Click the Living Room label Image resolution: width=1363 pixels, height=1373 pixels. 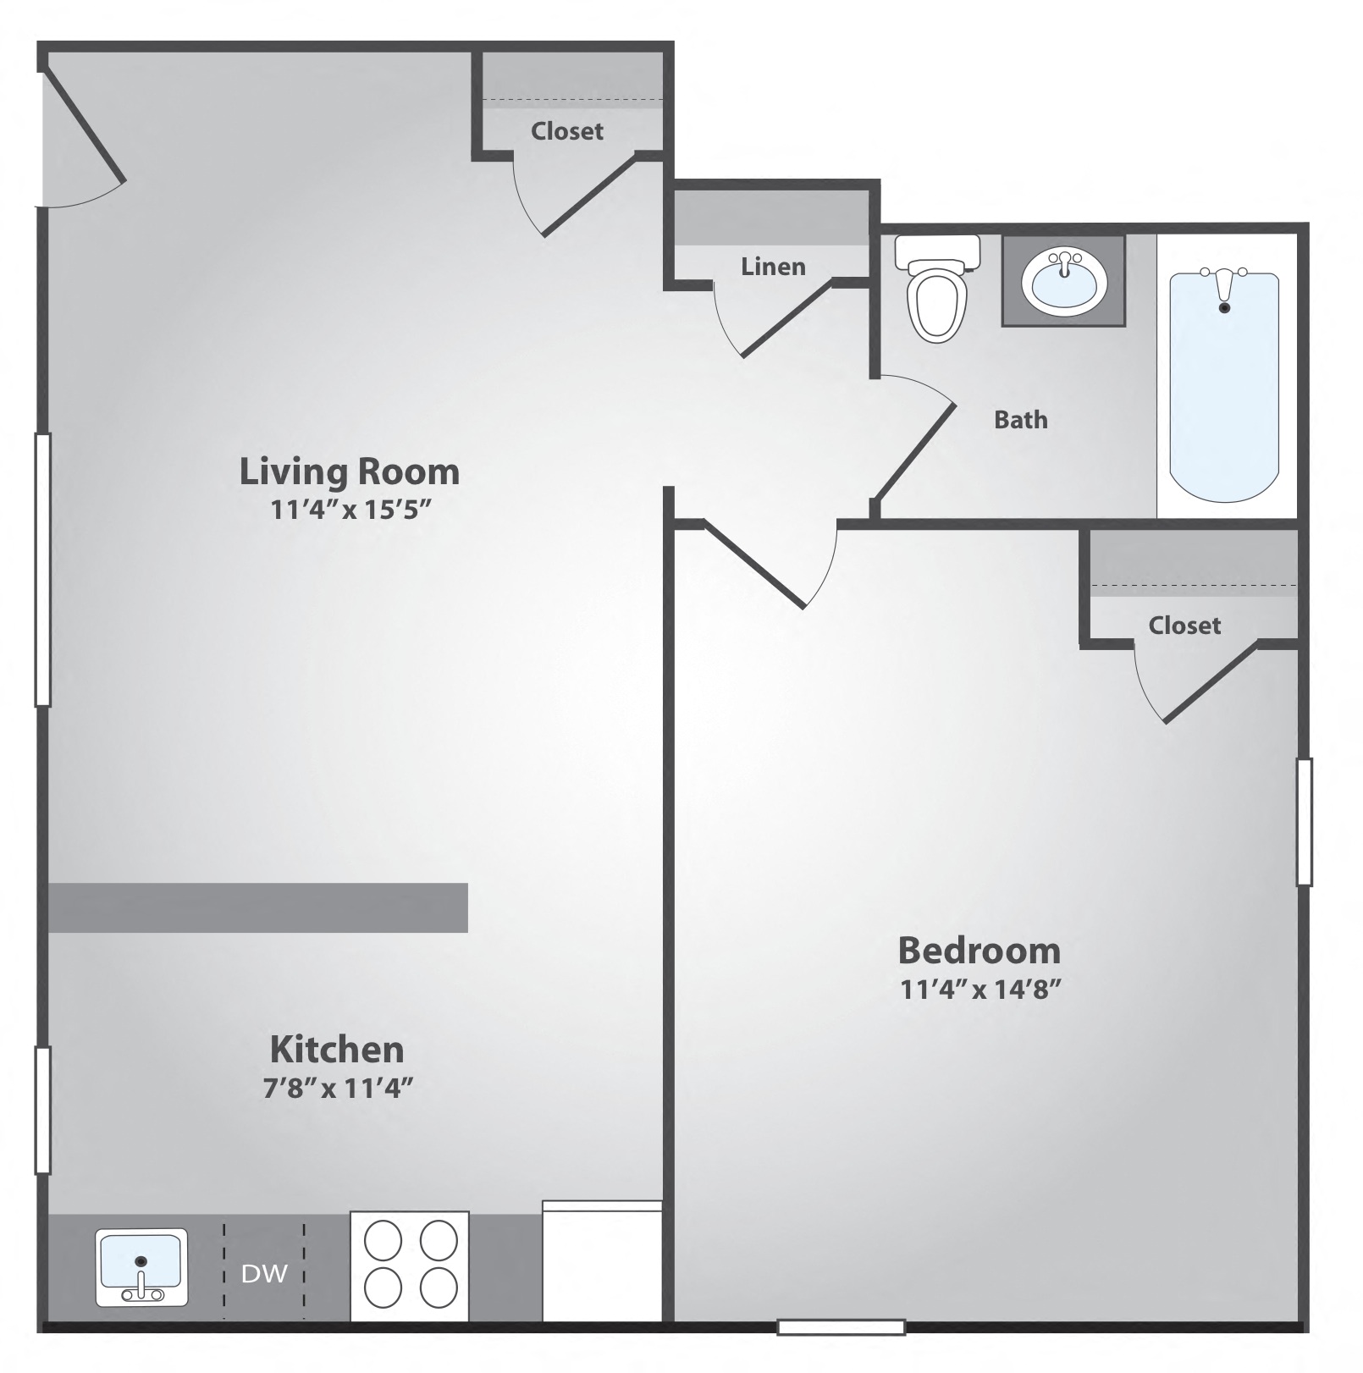pyautogui.click(x=349, y=471)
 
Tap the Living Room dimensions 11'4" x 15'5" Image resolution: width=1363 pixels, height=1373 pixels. pyautogui.click(x=351, y=510)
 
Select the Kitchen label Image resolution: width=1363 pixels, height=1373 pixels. pyautogui.click(x=337, y=1050)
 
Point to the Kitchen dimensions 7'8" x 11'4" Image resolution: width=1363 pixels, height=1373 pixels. pyautogui.click(x=338, y=1088)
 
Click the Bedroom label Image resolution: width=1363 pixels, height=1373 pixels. pyautogui.click(x=979, y=951)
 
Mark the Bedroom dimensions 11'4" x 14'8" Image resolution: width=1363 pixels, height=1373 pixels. pyautogui.click(x=980, y=989)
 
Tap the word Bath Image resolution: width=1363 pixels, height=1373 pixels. pyautogui.click(x=1020, y=420)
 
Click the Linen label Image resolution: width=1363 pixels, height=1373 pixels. pyautogui.click(x=773, y=267)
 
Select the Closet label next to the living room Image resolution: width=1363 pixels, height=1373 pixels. pyautogui.click(x=567, y=131)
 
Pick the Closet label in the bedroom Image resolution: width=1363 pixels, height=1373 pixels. pyautogui.click(x=1184, y=626)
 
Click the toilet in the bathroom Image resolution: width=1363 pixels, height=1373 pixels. pyautogui.click(x=936, y=292)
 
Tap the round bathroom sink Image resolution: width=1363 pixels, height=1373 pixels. pyautogui.click(x=1063, y=280)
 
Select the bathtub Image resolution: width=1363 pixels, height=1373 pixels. pyautogui.click(x=1224, y=385)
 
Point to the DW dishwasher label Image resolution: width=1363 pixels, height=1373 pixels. pyautogui.click(x=264, y=1273)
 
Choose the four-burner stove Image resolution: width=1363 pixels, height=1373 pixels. pyautogui.click(x=410, y=1265)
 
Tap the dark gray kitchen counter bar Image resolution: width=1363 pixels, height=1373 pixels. pyautogui.click(x=257, y=907)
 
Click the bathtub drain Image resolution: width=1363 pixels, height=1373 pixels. pyautogui.click(x=1224, y=308)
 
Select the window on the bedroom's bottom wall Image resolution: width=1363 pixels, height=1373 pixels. pyautogui.click(x=842, y=1327)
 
